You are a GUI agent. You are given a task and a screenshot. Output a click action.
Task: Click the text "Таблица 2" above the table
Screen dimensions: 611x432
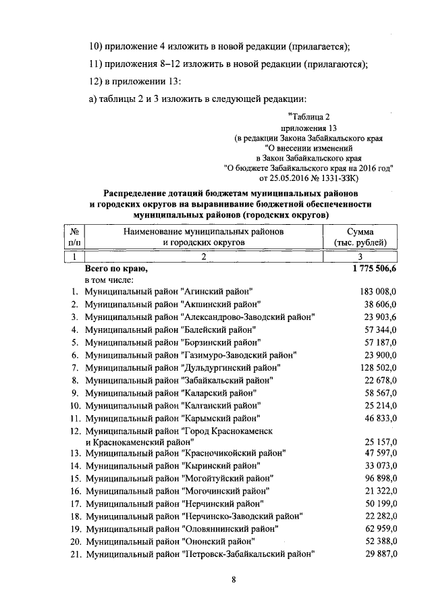click(310, 117)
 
